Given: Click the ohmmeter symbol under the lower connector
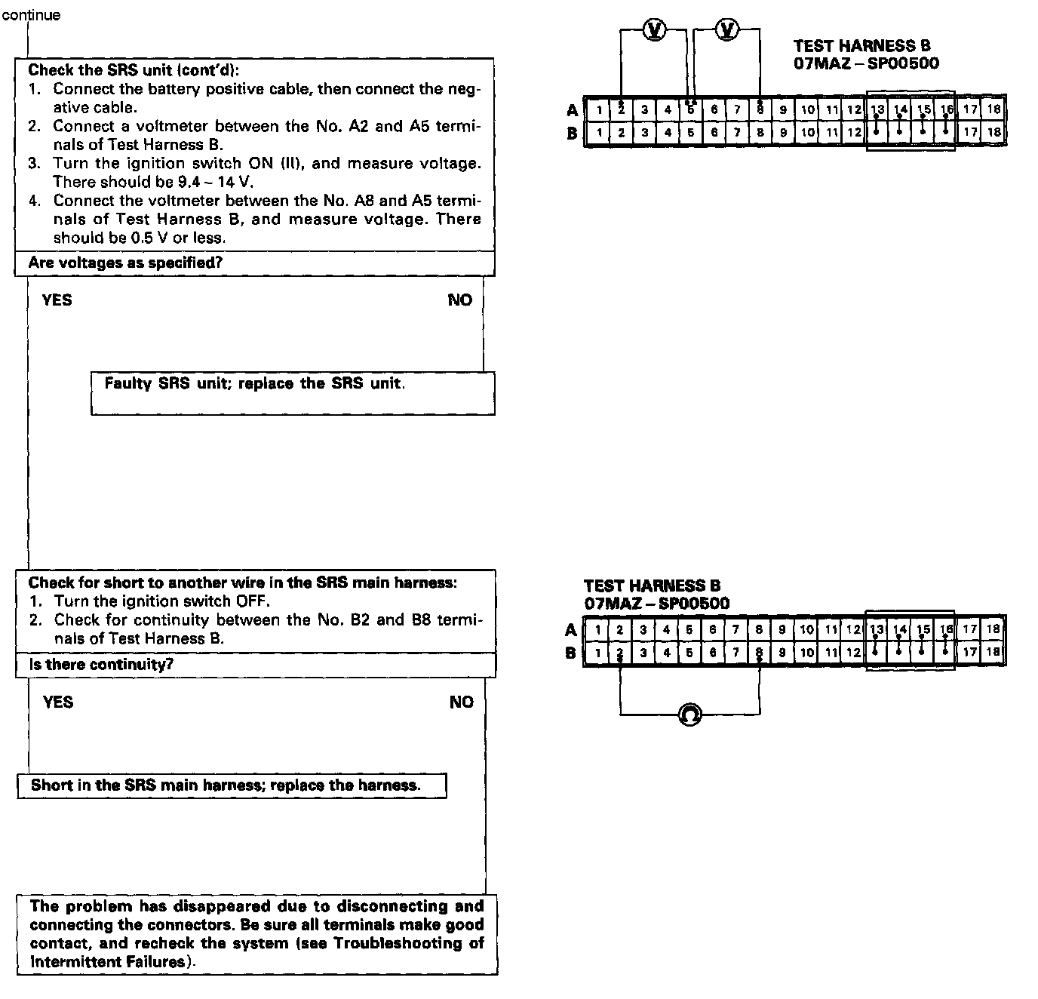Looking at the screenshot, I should point(689,714).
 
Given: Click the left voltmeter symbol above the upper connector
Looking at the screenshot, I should point(656,29).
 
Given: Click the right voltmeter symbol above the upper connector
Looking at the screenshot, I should point(728,29).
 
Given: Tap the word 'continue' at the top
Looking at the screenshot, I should point(31,15).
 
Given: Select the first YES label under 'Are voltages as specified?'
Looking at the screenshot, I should point(57,300).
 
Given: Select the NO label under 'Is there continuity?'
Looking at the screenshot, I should point(461,702).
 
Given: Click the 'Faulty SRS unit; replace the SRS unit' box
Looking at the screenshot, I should point(293,392).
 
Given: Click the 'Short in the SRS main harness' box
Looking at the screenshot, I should point(231,785).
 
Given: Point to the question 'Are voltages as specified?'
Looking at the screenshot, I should point(125,263).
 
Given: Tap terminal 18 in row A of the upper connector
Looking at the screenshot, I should point(994,109).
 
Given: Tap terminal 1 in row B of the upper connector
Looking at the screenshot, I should point(598,134).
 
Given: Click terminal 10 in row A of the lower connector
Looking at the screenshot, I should point(806,629).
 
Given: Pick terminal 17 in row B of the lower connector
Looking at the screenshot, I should point(970,652).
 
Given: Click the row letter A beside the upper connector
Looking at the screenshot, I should point(573,111).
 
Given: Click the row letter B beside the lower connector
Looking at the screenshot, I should point(571,653).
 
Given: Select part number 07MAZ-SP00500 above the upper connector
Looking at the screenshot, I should point(866,63).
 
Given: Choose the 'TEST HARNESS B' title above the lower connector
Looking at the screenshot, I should point(652,586).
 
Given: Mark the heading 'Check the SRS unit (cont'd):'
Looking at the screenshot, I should point(134,70).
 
